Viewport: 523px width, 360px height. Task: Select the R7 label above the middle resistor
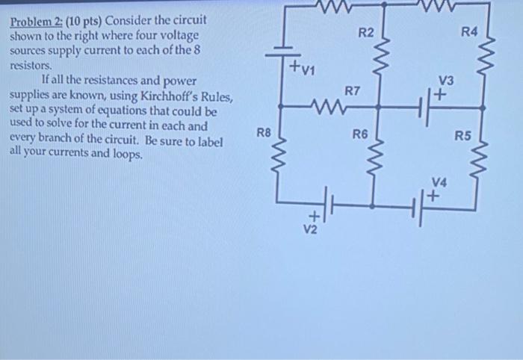[x=352, y=90]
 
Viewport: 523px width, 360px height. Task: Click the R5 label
[x=463, y=136]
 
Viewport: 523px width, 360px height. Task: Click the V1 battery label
[x=305, y=72]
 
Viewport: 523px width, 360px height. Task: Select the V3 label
[x=446, y=81]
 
